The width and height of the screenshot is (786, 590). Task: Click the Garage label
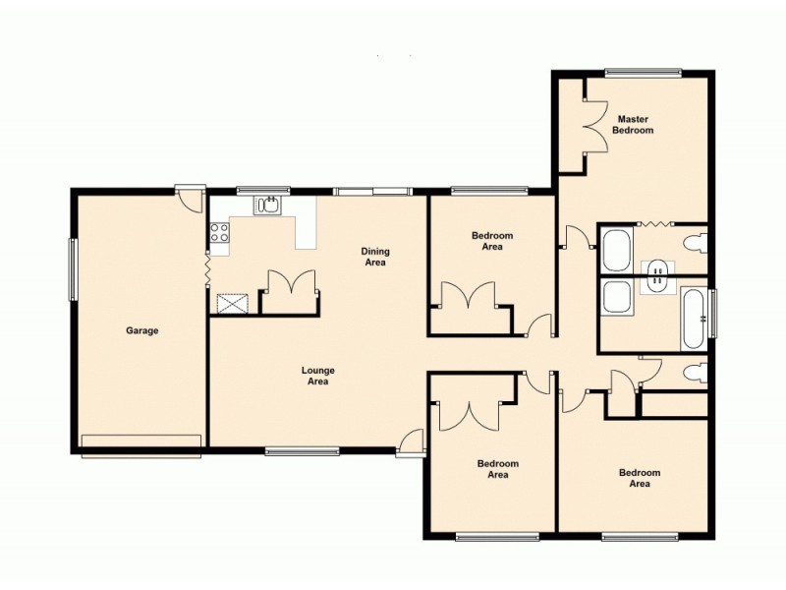click(141, 331)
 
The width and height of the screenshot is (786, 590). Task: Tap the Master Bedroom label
click(633, 125)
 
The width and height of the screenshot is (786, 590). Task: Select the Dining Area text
click(374, 257)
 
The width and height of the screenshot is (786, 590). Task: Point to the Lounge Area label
click(316, 376)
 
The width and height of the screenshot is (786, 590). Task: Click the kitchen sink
click(267, 206)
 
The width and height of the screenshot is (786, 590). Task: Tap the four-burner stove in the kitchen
click(219, 234)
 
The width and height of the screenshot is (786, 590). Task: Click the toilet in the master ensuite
click(696, 242)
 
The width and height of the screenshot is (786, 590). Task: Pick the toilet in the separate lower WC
click(696, 372)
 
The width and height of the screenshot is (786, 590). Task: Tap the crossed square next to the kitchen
click(231, 303)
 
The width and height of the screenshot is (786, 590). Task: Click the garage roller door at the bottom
click(141, 443)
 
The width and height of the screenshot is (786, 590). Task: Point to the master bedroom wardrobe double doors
click(594, 128)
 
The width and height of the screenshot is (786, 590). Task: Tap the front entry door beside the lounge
click(411, 444)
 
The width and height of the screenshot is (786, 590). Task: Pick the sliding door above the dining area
click(371, 191)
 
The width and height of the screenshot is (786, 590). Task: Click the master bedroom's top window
click(643, 72)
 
